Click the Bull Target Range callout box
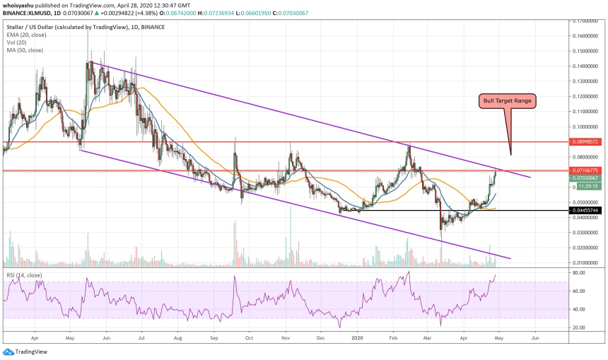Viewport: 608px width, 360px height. (x=507, y=100)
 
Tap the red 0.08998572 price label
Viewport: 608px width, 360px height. (x=587, y=141)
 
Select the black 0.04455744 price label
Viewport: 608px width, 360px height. (x=587, y=210)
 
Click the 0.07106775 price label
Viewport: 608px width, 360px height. (x=587, y=170)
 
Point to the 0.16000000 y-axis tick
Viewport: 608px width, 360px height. (x=587, y=35)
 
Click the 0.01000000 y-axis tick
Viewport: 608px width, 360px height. (x=587, y=262)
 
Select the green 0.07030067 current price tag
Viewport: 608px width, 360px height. (x=587, y=178)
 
